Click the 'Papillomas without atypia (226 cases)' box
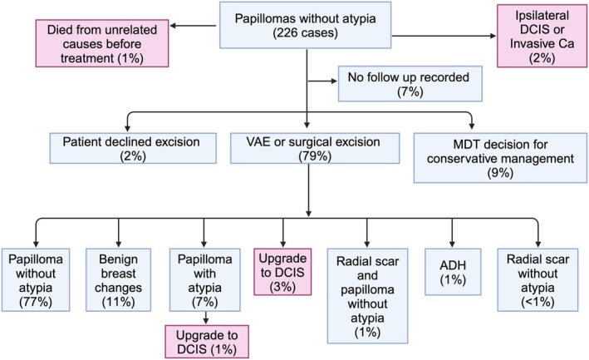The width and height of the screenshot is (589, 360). [x=305, y=25]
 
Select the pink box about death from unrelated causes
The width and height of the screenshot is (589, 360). [x=102, y=43]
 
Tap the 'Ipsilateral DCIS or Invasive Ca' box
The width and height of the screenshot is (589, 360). [x=542, y=36]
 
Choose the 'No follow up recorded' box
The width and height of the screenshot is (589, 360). [x=410, y=84]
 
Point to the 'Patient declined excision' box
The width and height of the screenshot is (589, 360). [x=133, y=148]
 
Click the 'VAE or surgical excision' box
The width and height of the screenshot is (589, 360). [x=315, y=148]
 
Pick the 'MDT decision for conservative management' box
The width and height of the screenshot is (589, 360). [x=500, y=158]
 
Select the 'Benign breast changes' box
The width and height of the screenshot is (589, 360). [x=118, y=280]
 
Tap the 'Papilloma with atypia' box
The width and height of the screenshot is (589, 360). [x=204, y=280]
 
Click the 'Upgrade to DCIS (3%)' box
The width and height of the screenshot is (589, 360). [x=282, y=272]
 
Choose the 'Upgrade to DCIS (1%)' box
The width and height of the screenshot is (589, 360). [x=207, y=342]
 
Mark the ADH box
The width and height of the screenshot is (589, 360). [x=453, y=272]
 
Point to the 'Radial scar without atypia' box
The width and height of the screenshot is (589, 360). [x=538, y=280]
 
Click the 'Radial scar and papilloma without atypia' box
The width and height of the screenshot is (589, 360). [x=367, y=296]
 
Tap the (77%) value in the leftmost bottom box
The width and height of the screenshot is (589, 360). [x=36, y=302]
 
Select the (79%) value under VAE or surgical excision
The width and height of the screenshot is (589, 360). [x=315, y=155]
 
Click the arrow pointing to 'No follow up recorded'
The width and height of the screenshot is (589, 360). [x=322, y=81]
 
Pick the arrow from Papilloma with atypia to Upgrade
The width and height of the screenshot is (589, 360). [x=205, y=318]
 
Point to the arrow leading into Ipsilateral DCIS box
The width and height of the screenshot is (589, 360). [x=444, y=36]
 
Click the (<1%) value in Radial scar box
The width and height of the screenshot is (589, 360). [x=538, y=302]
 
